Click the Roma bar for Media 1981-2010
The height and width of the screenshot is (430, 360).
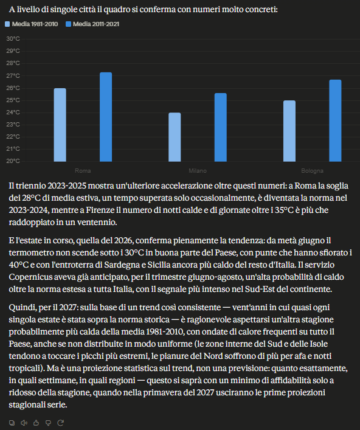click(60, 125)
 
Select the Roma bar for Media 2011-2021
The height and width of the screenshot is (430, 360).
click(106, 117)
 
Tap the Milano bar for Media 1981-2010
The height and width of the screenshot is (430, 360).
click(175, 137)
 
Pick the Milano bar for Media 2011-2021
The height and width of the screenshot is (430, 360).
click(221, 127)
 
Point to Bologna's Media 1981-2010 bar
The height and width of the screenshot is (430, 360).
click(289, 131)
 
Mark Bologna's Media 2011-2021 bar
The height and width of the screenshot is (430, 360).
click(335, 120)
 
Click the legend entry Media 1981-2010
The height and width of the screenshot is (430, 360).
click(32, 24)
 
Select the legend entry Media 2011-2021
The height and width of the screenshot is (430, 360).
click(92, 24)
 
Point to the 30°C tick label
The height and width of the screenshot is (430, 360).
click(13, 39)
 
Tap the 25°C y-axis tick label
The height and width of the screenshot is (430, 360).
click(13, 100)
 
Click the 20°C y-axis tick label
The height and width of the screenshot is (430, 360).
click(13, 161)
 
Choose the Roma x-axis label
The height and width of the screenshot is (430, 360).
click(83, 170)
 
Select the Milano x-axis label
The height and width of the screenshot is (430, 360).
click(198, 170)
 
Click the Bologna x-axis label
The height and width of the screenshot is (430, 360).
click(313, 170)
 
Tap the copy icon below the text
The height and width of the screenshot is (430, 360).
click(12, 423)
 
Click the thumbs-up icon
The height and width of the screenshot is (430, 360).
click(36, 423)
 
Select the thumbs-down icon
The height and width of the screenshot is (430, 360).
click(48, 423)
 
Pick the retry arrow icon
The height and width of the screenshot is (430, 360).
click(60, 423)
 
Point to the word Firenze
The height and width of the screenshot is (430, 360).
click(100, 210)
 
